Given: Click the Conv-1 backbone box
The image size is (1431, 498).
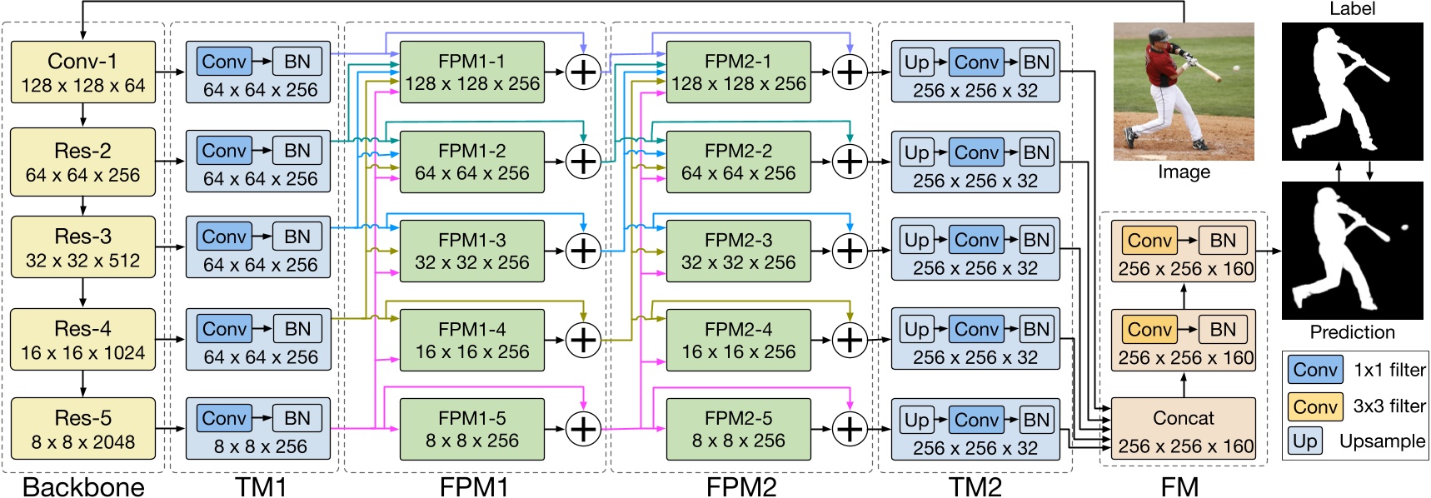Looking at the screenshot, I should [83, 72].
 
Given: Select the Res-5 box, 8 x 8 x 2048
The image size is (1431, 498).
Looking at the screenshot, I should [83, 429].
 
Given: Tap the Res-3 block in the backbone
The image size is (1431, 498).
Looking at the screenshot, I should [83, 248].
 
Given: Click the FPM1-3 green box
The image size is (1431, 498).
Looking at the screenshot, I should [471, 251].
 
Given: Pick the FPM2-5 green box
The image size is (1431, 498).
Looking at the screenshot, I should [738, 429].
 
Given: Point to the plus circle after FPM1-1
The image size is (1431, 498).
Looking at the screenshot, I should [583, 72].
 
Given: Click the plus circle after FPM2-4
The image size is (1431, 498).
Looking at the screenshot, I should [850, 340].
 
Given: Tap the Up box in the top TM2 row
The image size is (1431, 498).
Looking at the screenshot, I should [916, 62].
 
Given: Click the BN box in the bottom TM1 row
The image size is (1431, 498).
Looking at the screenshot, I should [297, 418].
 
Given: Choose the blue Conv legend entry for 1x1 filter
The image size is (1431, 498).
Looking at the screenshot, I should [1315, 370].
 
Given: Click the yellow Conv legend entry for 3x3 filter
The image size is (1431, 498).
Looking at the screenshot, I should [1315, 406].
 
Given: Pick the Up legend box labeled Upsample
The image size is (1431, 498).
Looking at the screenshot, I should [1305, 441].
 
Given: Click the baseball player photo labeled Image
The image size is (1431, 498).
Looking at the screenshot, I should [1184, 92].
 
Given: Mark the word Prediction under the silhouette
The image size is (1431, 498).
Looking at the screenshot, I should [1352, 332].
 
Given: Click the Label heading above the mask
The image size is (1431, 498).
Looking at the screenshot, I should [1352, 9].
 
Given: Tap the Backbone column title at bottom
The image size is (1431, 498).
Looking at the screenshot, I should [83, 486].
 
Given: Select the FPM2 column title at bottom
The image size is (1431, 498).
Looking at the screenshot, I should [740, 486].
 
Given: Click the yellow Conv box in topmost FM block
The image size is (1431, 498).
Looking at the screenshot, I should [1149, 241].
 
